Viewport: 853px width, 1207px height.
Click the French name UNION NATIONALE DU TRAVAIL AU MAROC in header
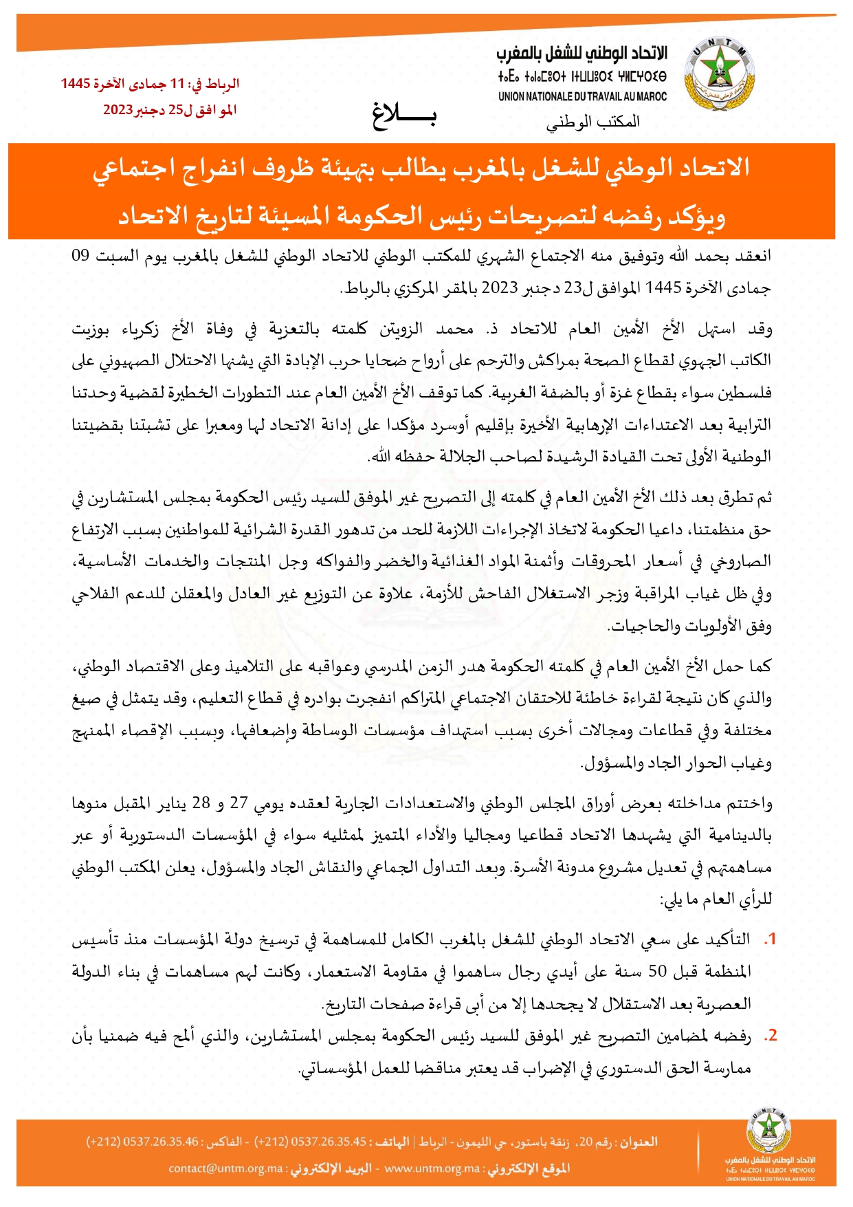coord(582,97)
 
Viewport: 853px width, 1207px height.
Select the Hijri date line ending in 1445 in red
coord(150,84)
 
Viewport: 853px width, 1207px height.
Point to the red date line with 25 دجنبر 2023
coord(170,110)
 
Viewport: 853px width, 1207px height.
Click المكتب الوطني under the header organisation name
coord(593,122)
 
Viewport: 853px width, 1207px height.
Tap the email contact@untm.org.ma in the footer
coord(226,1168)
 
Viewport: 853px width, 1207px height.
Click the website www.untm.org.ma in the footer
coord(432,1168)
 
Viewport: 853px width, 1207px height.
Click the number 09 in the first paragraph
coord(81,257)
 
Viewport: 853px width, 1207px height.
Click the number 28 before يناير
coord(201,803)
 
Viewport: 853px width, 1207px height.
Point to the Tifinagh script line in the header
coord(582,76)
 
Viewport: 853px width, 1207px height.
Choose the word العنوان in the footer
coord(639,1142)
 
